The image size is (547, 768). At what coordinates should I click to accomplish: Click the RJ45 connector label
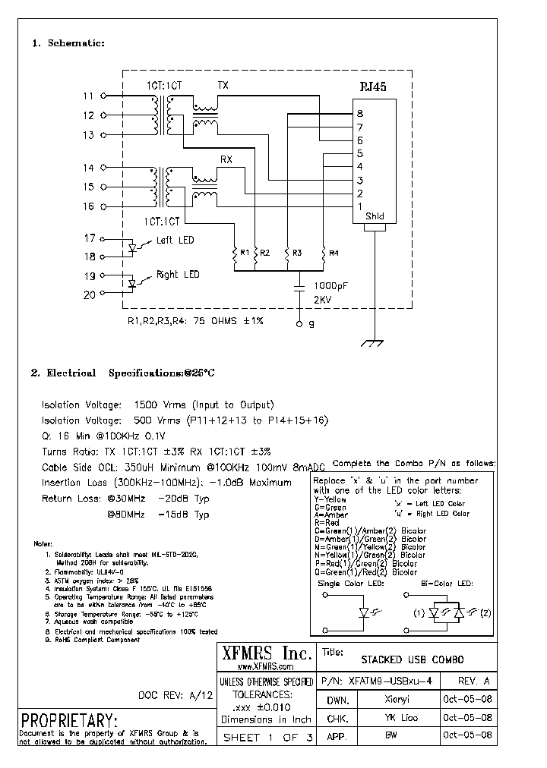click(x=374, y=87)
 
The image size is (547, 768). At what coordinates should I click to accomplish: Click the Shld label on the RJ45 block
click(x=375, y=216)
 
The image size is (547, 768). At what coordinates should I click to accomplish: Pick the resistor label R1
click(x=245, y=252)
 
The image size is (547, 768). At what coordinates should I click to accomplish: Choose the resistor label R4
click(x=334, y=252)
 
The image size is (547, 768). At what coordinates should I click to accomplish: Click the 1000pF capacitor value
click(x=330, y=287)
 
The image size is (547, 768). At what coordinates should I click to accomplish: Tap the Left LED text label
click(x=175, y=241)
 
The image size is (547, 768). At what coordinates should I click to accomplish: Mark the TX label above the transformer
click(x=223, y=85)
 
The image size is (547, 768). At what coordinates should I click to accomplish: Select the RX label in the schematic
click(x=226, y=159)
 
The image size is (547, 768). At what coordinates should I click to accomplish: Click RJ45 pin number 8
click(x=359, y=114)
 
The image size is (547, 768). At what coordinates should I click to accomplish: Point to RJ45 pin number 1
click(x=359, y=206)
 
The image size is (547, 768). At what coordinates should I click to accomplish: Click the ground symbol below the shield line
click(x=373, y=343)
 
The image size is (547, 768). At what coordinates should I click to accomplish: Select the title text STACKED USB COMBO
click(x=411, y=659)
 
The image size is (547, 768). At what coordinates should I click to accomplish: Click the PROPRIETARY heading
click(x=69, y=719)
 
